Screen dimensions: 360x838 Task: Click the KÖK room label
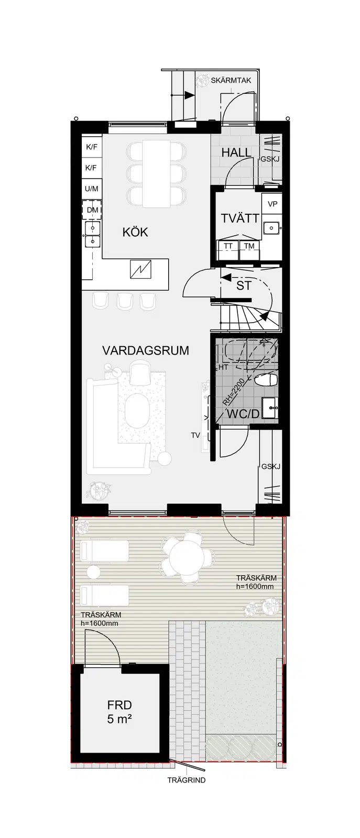tap(135, 232)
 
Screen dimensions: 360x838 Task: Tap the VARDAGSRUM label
tap(146, 350)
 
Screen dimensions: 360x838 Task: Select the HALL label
tap(236, 152)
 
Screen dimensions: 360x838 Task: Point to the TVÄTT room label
tap(240, 218)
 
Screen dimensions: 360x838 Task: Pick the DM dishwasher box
tap(92, 210)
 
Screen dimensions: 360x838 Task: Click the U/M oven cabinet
tap(92, 189)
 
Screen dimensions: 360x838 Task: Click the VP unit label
tap(272, 204)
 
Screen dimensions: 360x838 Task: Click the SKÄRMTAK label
tap(231, 81)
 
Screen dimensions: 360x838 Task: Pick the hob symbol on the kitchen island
tap(141, 269)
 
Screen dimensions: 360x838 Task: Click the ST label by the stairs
tap(244, 286)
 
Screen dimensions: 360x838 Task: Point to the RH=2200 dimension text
tap(233, 392)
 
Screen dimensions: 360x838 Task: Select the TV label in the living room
tap(195, 435)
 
